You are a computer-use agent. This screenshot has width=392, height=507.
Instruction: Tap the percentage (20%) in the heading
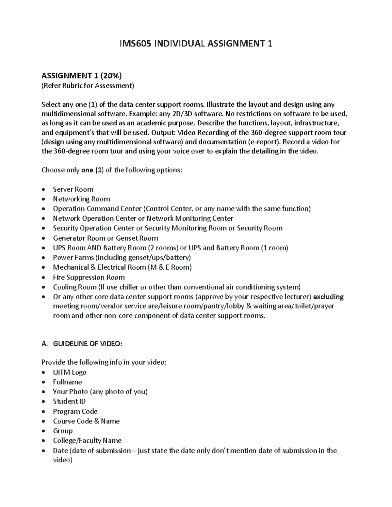point(111,76)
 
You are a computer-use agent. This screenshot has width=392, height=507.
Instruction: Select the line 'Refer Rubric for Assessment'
point(88,86)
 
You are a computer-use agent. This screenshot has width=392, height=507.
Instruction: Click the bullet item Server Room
point(73,189)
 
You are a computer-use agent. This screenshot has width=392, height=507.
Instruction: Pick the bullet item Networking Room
point(81,199)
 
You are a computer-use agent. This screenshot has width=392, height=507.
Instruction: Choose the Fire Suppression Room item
point(89,277)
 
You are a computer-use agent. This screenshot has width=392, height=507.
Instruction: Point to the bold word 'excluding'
point(328,297)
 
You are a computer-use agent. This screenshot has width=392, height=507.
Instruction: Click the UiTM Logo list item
point(70,372)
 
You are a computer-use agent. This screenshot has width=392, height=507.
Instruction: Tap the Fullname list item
point(67,382)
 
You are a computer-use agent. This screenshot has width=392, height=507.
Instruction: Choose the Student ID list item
point(69,401)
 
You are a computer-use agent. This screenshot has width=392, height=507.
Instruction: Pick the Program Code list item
point(75,411)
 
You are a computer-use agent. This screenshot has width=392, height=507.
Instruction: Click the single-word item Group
point(63,431)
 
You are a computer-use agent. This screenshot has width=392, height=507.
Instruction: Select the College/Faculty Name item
point(87,440)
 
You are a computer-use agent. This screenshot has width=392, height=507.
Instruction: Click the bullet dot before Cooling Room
point(44,288)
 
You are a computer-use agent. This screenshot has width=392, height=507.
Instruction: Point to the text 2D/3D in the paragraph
point(183,114)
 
